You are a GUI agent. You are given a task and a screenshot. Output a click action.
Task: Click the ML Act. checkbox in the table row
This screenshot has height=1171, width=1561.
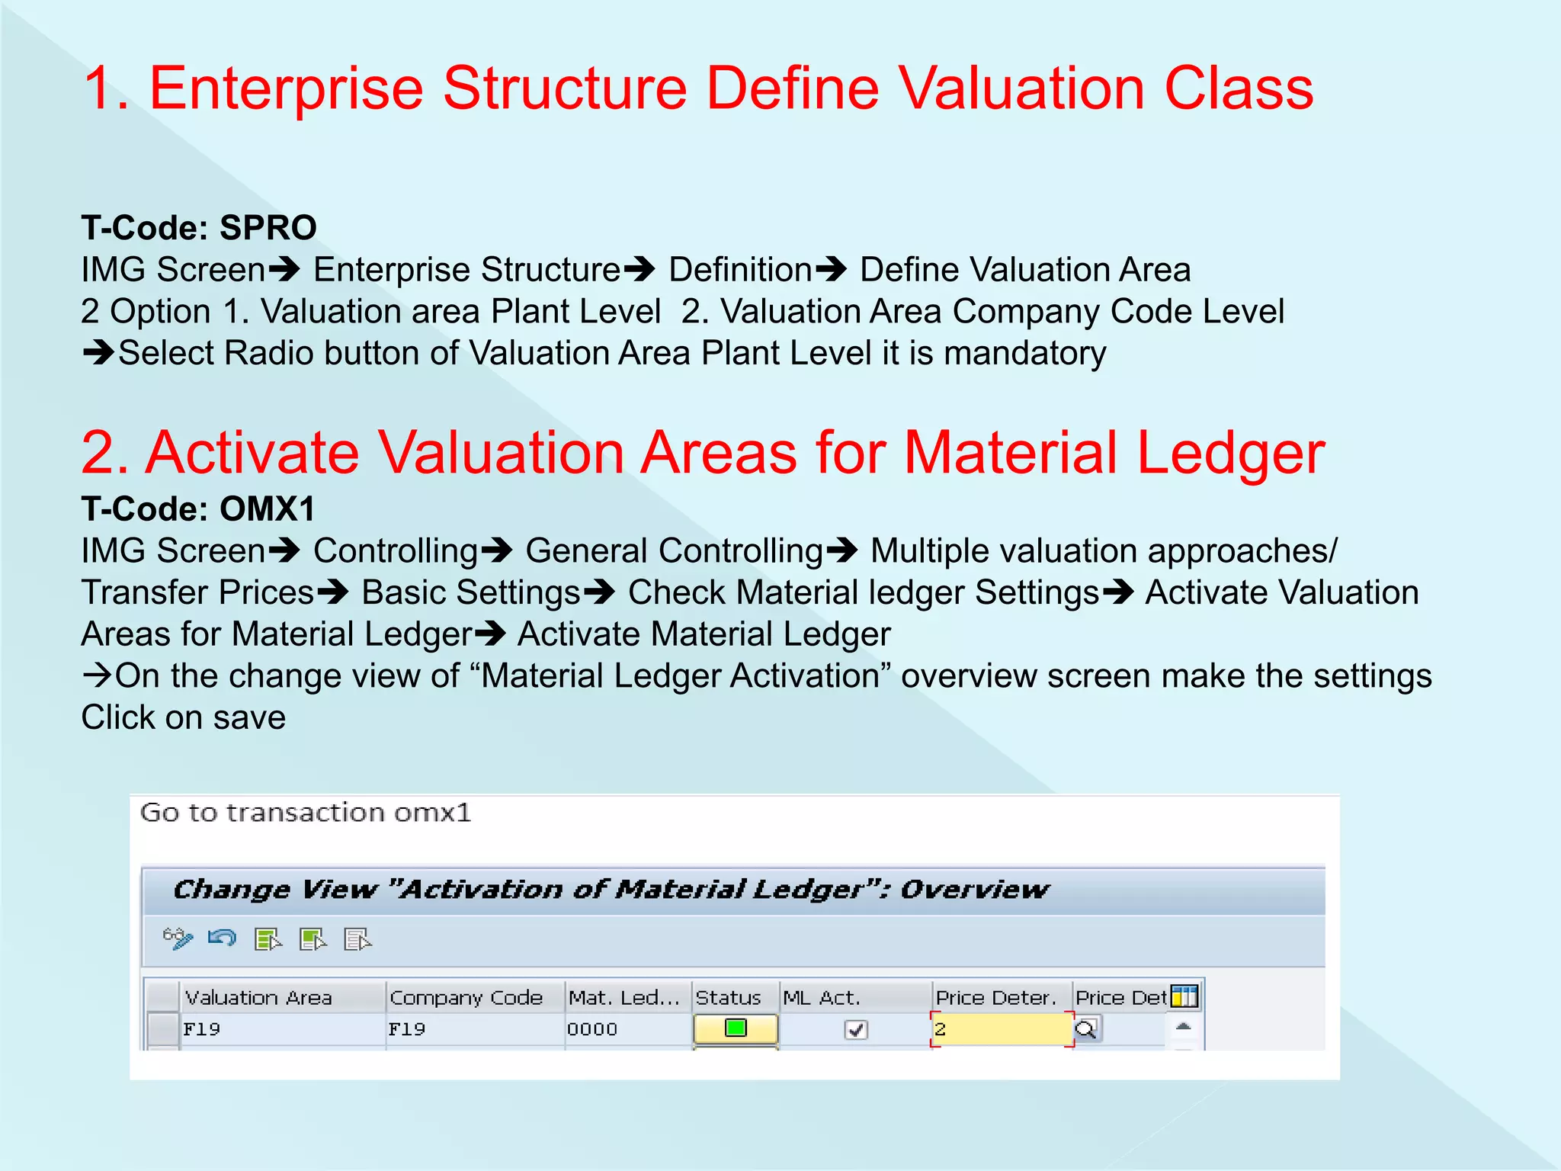click(856, 1030)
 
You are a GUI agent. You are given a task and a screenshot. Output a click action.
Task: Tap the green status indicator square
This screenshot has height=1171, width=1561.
click(736, 1028)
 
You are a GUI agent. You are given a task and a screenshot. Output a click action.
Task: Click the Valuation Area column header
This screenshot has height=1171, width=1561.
click(259, 997)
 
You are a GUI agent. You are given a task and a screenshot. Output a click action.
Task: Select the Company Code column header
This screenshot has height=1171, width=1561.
click(466, 997)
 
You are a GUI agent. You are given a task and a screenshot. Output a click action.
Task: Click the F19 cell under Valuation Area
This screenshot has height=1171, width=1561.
click(202, 1029)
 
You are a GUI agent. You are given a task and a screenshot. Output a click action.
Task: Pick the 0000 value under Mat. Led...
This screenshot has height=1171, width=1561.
click(592, 1029)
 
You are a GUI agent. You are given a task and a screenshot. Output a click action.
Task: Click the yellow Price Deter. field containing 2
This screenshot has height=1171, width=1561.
click(1000, 1029)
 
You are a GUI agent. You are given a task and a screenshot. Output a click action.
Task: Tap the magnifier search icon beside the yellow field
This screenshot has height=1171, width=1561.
click(1085, 1030)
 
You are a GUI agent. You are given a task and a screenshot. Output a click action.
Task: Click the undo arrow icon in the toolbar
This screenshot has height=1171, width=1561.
click(222, 938)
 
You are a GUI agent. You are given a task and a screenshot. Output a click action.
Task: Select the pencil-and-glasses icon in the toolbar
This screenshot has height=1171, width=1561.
click(178, 938)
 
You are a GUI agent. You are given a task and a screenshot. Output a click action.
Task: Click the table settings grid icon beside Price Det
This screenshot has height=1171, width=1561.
click(1184, 996)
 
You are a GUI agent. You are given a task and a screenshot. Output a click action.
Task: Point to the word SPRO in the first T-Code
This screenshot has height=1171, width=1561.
click(268, 228)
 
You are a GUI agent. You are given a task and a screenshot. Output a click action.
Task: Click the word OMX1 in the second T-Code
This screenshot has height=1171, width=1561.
click(267, 509)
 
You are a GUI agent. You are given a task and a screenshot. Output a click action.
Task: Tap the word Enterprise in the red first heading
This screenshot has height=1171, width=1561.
click(286, 88)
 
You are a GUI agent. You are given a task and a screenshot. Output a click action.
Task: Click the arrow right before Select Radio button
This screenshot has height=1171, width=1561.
click(98, 353)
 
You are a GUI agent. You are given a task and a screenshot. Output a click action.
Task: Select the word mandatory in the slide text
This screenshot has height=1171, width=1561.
click(1024, 354)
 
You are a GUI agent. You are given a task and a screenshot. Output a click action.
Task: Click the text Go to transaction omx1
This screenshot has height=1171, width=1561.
click(306, 813)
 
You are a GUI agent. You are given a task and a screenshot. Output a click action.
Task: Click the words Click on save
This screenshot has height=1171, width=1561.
click(184, 717)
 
